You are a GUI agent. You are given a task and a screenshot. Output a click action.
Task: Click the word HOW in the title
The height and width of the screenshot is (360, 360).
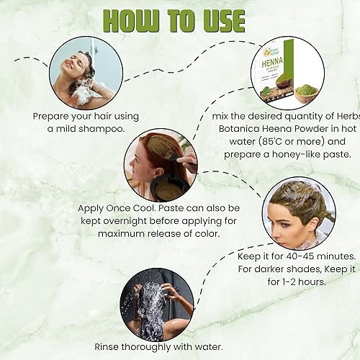click(x=128, y=19)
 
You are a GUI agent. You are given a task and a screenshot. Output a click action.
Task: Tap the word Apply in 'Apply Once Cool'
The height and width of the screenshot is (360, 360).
click(x=92, y=209)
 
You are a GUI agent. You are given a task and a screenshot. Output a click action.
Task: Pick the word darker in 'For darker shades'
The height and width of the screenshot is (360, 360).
click(x=274, y=269)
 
